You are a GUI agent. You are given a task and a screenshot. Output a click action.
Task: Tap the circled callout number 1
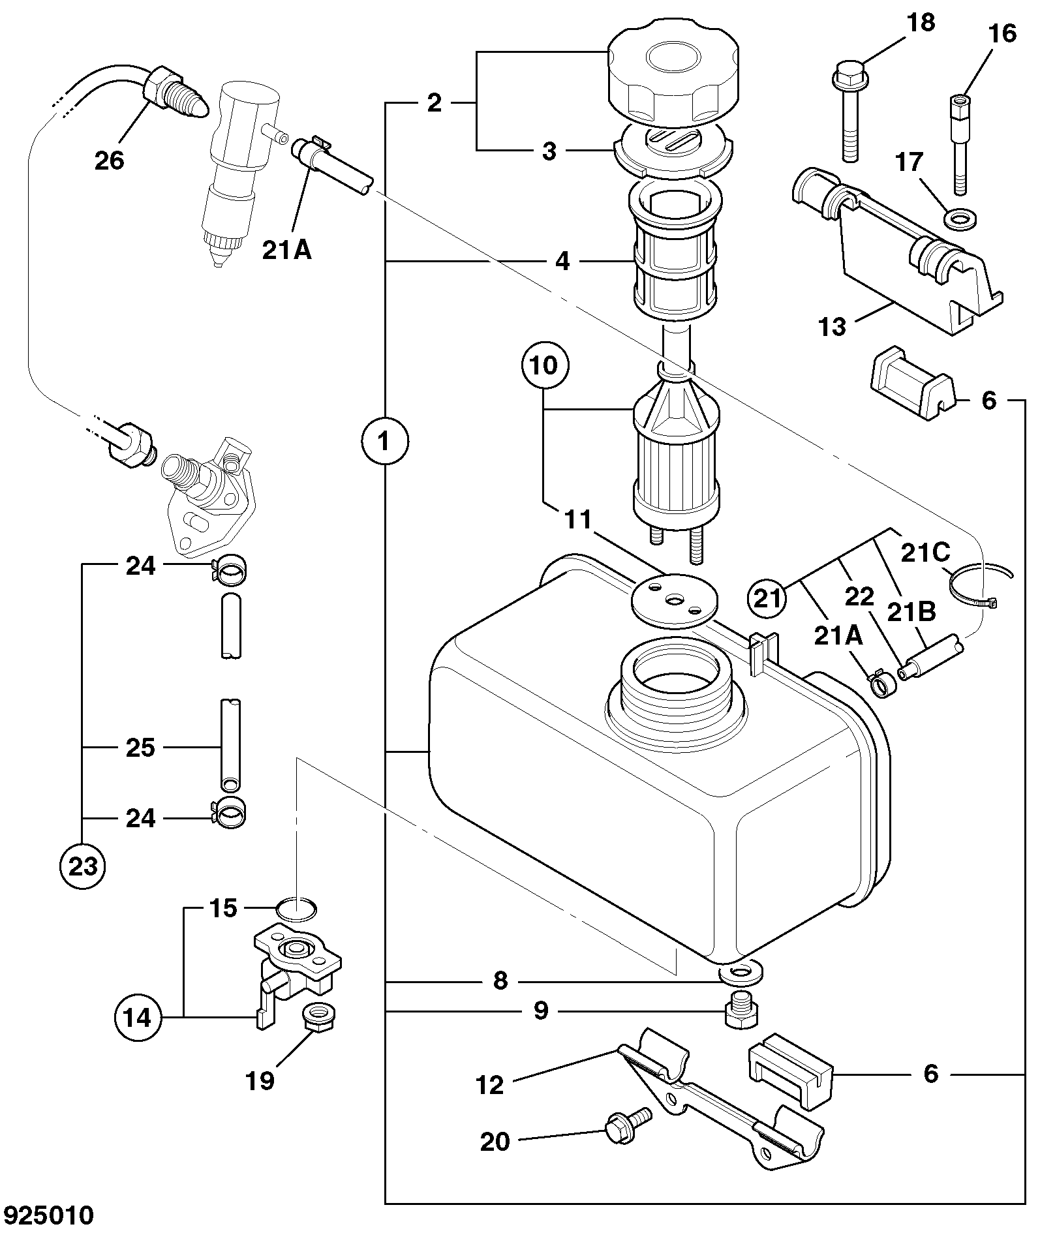[384, 442]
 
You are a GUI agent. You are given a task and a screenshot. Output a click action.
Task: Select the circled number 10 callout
[545, 366]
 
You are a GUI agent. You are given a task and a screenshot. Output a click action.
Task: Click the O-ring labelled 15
[296, 909]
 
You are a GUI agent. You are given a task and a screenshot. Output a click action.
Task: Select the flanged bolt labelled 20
[628, 1126]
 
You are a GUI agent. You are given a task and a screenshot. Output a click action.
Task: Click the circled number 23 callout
[83, 866]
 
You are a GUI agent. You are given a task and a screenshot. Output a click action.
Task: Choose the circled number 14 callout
[138, 1017]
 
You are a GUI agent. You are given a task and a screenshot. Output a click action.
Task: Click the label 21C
[925, 553]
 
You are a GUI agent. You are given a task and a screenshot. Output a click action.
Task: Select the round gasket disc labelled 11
[674, 599]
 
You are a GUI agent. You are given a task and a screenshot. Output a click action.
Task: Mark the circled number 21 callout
[767, 598]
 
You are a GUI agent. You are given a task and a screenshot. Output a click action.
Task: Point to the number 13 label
[832, 326]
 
